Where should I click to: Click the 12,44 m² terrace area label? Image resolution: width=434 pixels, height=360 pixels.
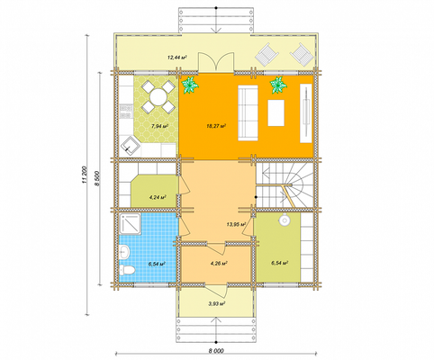point(177,57)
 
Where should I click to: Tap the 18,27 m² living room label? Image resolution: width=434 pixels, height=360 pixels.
point(216,126)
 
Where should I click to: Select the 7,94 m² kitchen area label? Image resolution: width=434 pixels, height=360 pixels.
point(159,126)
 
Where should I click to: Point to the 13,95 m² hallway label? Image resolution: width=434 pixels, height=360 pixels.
point(236,224)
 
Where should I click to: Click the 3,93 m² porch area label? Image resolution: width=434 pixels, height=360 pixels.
point(217,303)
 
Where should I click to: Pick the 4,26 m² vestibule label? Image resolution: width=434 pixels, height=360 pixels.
point(218,264)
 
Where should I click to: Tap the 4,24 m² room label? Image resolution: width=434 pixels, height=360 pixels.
point(158,197)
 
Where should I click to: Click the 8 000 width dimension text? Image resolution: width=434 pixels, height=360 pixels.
point(217,350)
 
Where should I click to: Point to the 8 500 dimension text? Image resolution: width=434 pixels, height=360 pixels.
point(97,179)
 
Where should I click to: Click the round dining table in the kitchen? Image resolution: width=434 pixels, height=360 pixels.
point(158,97)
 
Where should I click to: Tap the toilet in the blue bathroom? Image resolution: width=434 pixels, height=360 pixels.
point(127,270)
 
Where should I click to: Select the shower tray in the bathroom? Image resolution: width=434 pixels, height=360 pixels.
point(131,224)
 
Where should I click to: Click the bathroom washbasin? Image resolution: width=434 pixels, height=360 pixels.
point(124,251)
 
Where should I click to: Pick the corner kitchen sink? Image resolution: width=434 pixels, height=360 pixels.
point(131,146)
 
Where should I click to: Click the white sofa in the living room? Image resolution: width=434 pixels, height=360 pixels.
point(248,112)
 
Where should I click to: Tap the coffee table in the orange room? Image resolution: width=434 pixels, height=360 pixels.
point(276,112)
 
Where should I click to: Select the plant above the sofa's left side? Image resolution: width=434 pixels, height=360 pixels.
point(190,85)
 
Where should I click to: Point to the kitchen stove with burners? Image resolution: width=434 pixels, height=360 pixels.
point(126,111)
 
